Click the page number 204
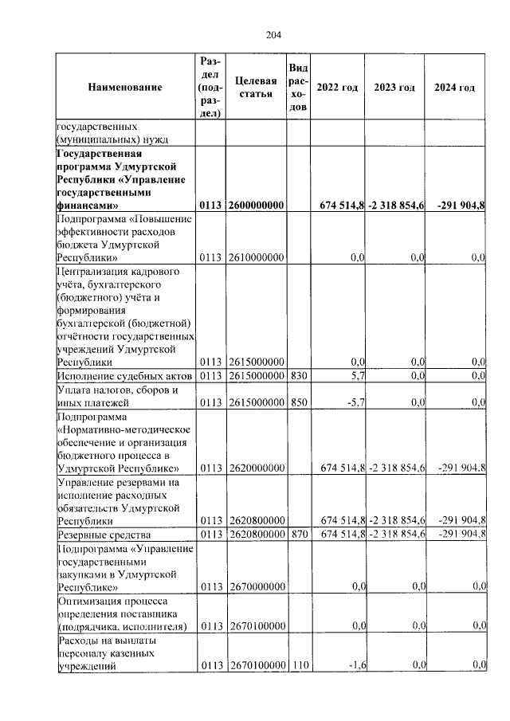[254, 34]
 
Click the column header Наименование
[125, 88]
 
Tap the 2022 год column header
[337, 88]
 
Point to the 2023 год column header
[395, 88]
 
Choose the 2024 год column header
[455, 88]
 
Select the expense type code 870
[297, 533]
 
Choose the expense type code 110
[297, 665]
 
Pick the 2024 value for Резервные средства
[461, 533]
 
